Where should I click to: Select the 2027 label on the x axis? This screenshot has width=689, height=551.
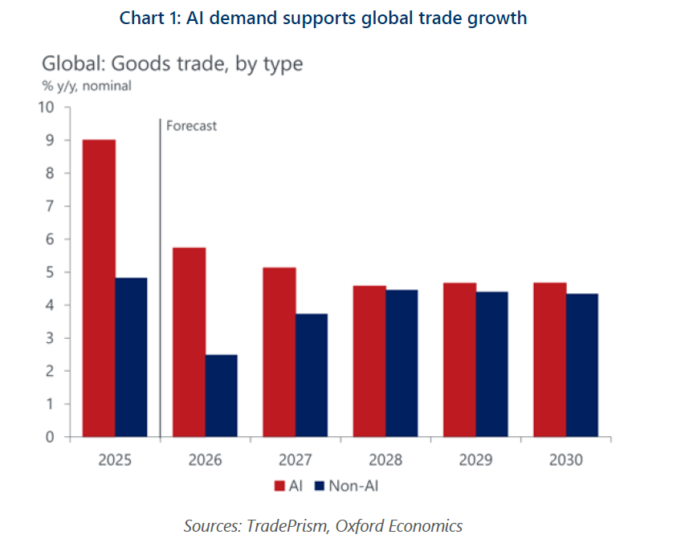click(x=296, y=460)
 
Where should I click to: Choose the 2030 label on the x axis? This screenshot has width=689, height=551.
click(x=566, y=460)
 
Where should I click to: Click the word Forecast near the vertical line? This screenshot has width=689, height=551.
click(x=191, y=125)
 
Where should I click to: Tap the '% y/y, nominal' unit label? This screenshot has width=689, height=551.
click(x=87, y=85)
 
